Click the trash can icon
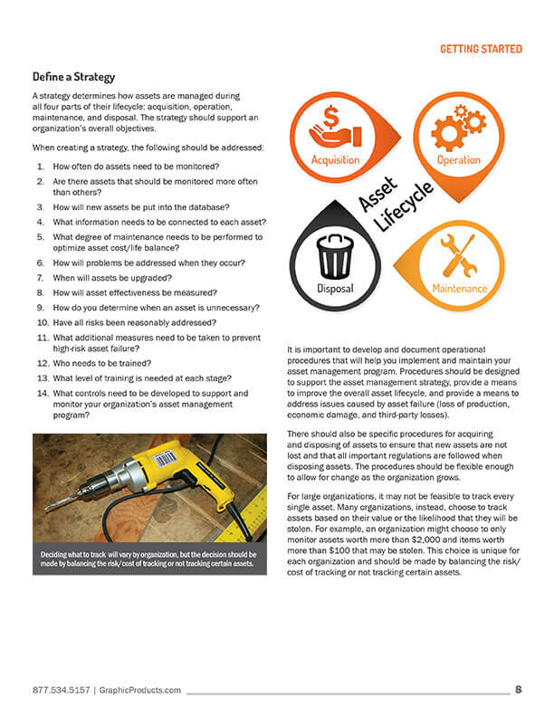[336, 257]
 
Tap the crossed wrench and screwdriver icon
[458, 255]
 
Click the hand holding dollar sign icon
[335, 128]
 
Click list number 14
[43, 394]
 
